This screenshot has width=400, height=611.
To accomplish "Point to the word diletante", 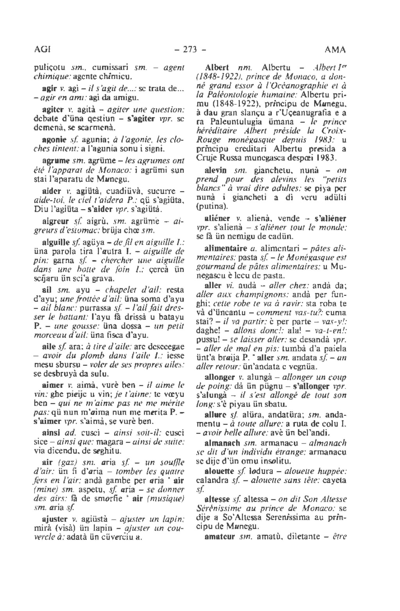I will (305, 536).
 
